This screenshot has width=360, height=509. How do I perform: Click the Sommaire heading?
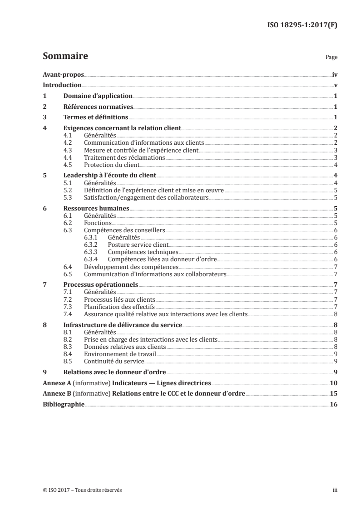pos(65,56)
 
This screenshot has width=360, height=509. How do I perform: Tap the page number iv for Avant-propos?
pos(335,74)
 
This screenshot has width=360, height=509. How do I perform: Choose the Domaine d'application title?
pos(98,96)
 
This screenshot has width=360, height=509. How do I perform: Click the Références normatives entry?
pos(98,107)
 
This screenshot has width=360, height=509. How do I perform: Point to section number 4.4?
pos(69,157)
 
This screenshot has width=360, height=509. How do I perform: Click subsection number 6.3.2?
pos(92,245)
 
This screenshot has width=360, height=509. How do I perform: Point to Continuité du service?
pos(114,361)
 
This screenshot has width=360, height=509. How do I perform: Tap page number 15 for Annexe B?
pos(333,394)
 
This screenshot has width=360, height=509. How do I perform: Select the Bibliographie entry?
pos(63,405)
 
